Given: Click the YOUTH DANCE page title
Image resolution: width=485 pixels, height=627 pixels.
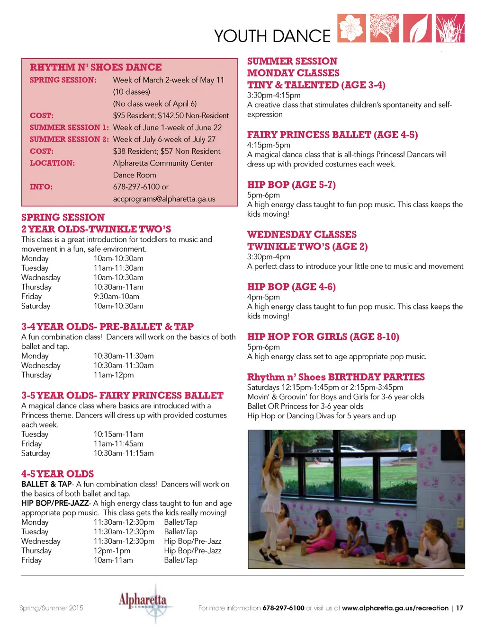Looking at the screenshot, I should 272,36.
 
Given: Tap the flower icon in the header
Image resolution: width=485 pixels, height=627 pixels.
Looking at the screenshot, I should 351,28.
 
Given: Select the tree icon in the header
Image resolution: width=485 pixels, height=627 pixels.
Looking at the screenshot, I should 384,28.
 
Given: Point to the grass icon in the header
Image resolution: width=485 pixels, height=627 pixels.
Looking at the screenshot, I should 450,28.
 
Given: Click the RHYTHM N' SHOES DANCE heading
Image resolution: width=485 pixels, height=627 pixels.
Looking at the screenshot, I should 96,67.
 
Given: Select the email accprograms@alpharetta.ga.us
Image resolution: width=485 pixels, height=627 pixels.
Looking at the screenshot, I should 164,199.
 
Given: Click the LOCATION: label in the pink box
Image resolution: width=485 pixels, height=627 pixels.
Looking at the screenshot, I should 52,163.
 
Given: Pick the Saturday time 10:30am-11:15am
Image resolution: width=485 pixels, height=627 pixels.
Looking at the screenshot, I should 124,453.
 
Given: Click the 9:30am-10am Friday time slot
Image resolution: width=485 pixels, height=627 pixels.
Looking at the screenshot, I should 117,297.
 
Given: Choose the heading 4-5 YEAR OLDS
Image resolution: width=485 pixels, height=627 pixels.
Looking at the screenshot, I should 57,474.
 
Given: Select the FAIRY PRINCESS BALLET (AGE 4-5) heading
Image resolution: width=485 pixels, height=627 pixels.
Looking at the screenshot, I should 332,135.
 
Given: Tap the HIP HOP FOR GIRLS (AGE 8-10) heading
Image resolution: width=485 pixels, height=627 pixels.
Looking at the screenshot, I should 323,337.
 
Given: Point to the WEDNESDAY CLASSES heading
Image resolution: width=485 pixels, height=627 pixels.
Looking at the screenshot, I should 302,235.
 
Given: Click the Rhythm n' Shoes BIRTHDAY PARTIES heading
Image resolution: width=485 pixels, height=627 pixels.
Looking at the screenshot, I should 336,377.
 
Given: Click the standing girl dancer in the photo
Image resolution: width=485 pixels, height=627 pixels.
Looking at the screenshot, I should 272,478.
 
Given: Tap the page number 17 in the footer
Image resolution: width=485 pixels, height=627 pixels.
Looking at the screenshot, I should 459,608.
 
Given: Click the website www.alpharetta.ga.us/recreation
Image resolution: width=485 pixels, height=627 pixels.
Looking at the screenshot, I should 395,608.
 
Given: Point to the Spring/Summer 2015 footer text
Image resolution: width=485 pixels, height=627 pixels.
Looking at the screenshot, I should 51,608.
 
